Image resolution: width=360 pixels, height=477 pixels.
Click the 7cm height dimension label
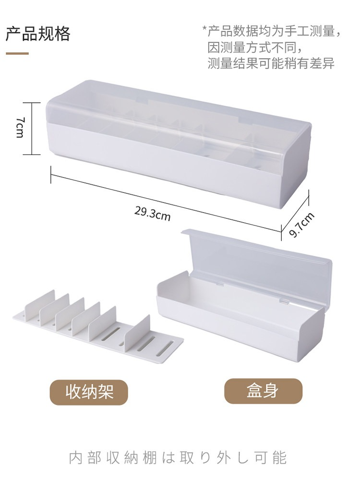tap(20, 127)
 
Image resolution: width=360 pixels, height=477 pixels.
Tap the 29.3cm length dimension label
tap(153, 213)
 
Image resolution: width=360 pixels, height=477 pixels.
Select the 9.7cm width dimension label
tap(301, 225)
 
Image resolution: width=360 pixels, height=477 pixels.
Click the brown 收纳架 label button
tap(89, 392)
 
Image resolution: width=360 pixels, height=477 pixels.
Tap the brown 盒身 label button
tap(263, 391)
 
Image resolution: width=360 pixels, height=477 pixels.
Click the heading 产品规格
tap(38, 33)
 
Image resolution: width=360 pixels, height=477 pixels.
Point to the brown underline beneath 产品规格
tap(17, 54)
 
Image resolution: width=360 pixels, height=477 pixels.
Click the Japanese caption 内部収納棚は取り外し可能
tap(178, 458)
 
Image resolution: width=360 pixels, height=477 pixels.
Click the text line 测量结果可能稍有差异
tap(271, 63)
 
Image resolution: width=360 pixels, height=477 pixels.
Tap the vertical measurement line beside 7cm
tap(32, 129)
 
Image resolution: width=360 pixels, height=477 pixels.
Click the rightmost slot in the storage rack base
tap(165, 348)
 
